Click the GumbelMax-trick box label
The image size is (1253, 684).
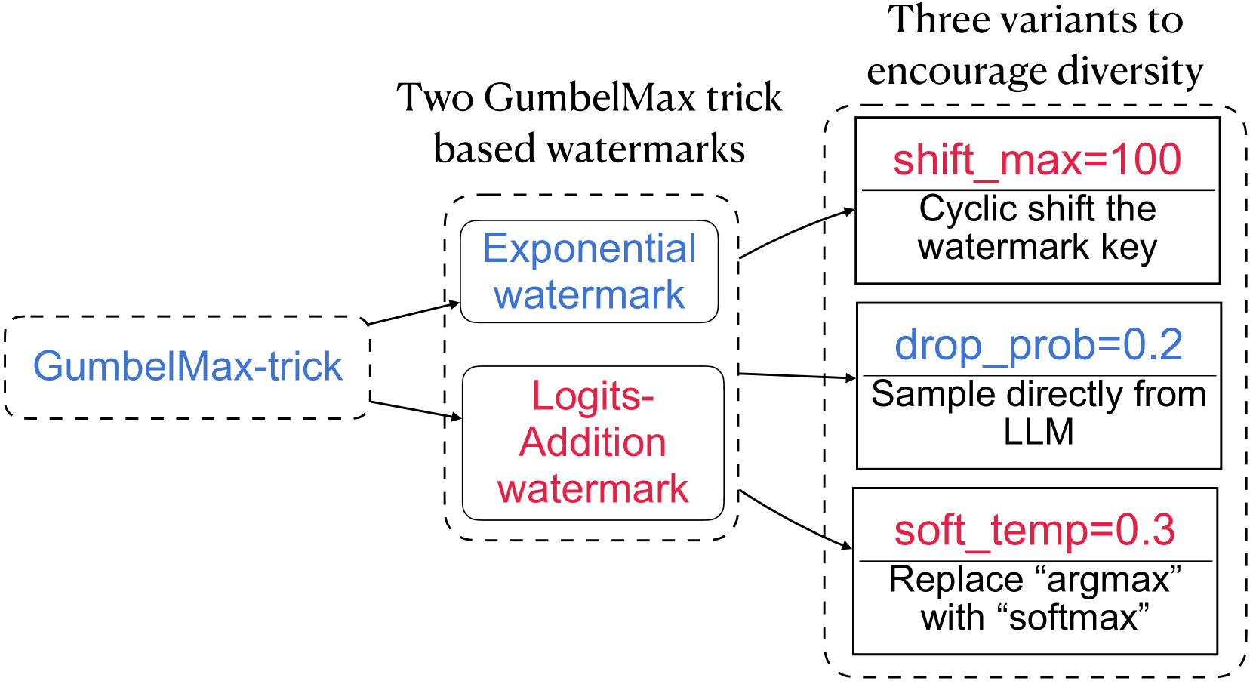pos(187,367)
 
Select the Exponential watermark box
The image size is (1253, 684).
pos(589,271)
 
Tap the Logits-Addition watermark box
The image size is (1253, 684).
pos(593,442)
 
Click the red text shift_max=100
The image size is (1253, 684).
pos(1037,160)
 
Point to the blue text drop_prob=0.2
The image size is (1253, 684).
pos(1039,345)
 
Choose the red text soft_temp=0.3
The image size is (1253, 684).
pos(1035,530)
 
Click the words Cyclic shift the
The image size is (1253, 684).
pos(1037,209)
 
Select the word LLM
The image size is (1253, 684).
pos(1039,432)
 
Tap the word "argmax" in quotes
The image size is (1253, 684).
pos(1109,580)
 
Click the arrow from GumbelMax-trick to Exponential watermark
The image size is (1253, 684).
pos(414,313)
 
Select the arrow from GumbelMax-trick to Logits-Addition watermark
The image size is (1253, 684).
pos(415,409)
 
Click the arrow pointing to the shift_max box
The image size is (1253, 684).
pos(796,230)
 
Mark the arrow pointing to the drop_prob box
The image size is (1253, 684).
pos(796,375)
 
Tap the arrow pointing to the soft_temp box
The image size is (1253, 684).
pos(794,522)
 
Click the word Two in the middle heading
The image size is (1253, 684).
pos(435,98)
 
